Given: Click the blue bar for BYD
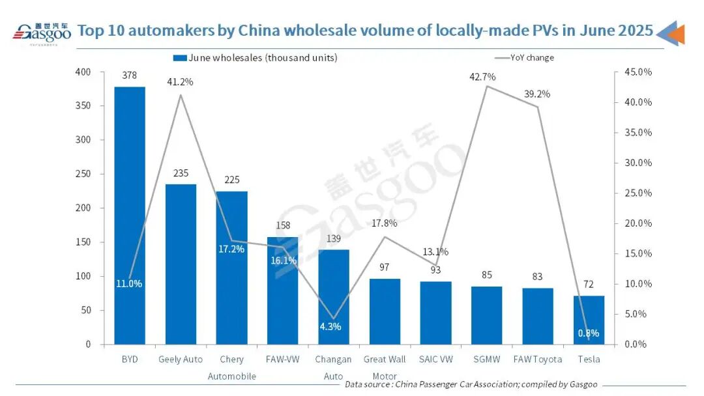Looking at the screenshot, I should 129,215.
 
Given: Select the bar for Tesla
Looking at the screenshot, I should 589,320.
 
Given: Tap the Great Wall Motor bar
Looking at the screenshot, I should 385,311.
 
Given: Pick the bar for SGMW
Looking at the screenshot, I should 487,315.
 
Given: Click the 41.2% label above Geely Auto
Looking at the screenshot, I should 181,82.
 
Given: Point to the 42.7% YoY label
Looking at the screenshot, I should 482,77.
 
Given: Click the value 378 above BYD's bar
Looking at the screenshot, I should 129,76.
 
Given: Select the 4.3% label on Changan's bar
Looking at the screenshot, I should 330,326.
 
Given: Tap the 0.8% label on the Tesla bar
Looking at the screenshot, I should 588,333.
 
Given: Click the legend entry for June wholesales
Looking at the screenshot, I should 256,57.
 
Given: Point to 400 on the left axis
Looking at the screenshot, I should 83,72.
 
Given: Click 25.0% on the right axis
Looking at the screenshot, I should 634,193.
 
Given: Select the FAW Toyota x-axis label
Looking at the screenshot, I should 538,360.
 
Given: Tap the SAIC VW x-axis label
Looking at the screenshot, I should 435,360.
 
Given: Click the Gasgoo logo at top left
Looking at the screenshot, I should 41,33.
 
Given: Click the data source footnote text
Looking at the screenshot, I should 471,384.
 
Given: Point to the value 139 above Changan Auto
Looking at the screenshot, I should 334,239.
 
